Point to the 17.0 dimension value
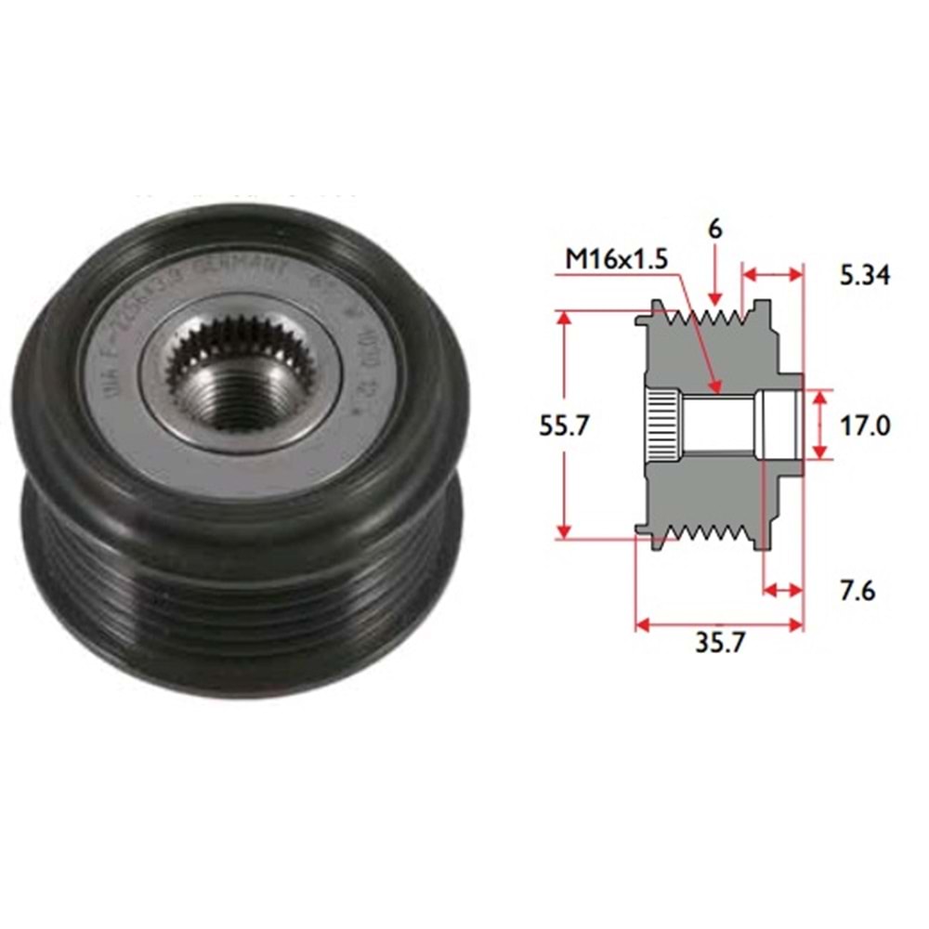(863, 425)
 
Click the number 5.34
(864, 275)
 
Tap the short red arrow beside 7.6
(782, 589)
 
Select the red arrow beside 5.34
(772, 274)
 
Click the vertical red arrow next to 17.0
(819, 425)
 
